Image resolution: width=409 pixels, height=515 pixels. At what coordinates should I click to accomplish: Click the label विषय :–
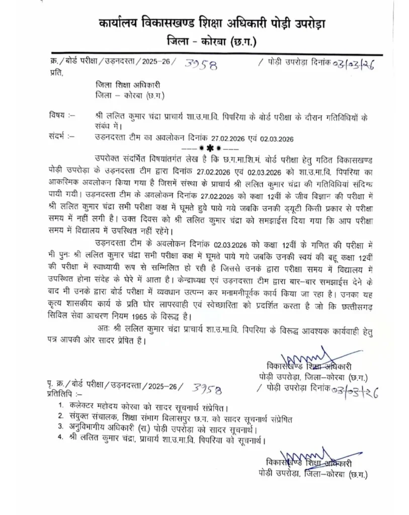tap(62, 115)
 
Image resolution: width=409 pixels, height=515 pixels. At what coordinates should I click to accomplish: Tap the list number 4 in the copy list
tap(60, 439)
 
